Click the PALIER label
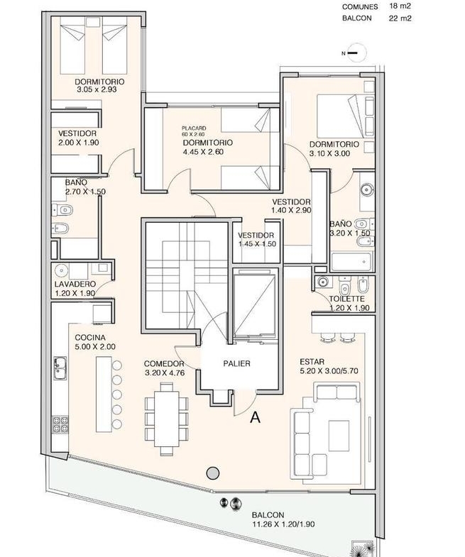[237, 363]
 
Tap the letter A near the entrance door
[255, 417]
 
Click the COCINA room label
[90, 338]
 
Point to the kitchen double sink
[60, 368]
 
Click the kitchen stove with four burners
[60, 424]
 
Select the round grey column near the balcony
[213, 473]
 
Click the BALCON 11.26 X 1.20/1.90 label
[283, 519]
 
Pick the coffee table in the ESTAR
[339, 436]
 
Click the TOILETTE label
[346, 299]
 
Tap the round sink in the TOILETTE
[323, 282]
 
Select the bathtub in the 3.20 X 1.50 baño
[352, 261]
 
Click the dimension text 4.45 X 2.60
[203, 152]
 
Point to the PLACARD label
[194, 128]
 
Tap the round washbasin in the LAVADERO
[62, 270]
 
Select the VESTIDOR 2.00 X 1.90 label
[78, 138]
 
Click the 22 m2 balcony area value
[400, 18]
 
